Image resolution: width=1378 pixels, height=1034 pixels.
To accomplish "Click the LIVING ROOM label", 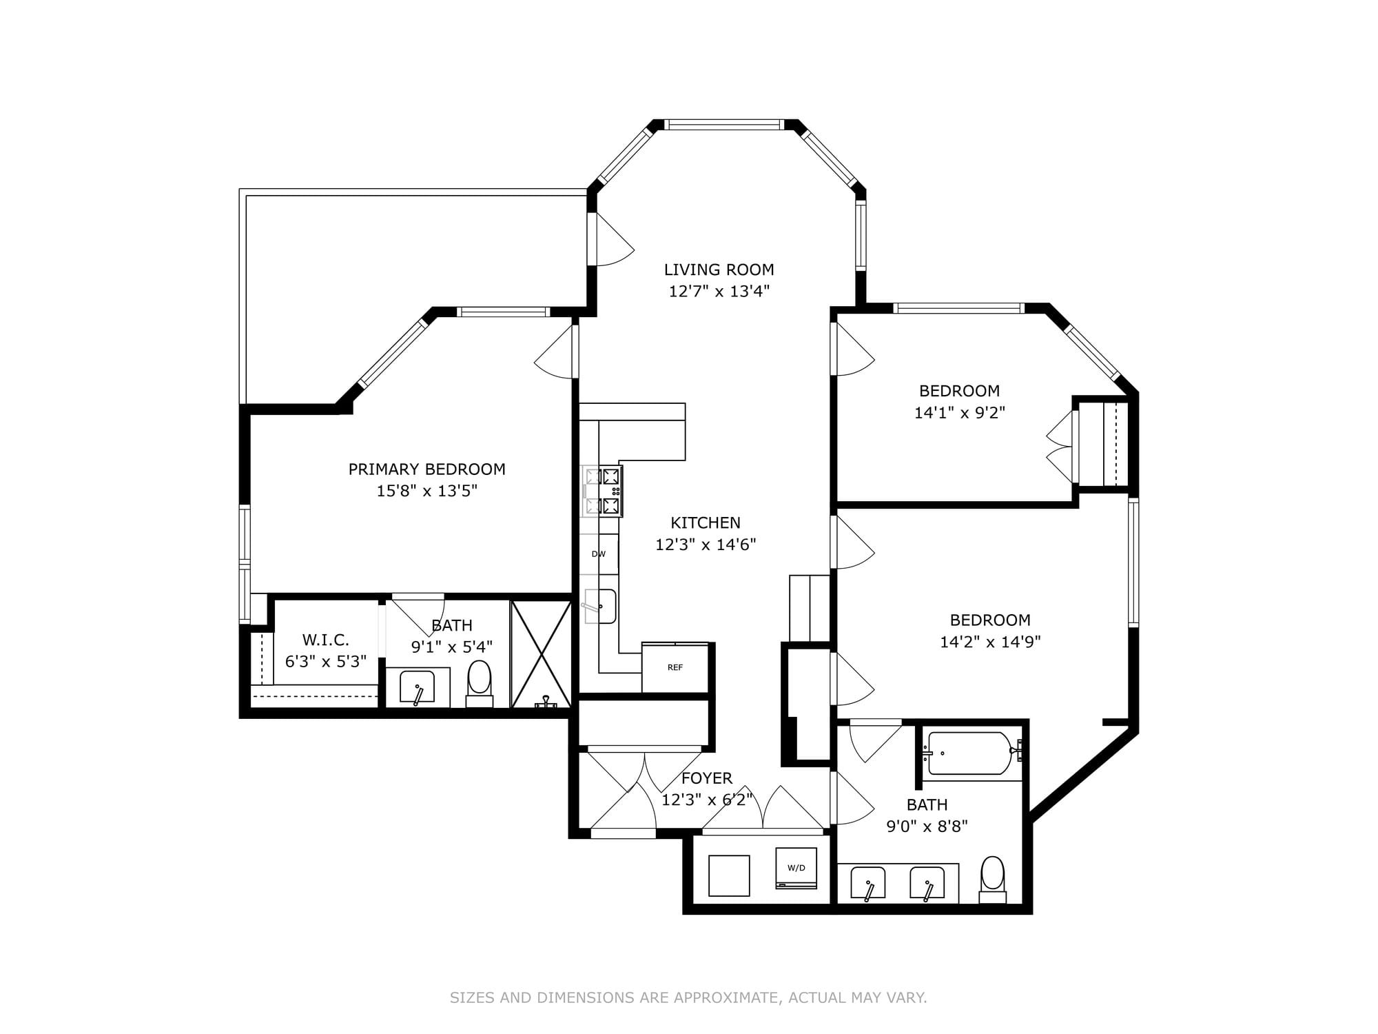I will [x=719, y=270].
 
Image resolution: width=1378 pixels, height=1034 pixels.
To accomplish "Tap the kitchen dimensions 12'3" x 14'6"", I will [x=705, y=545].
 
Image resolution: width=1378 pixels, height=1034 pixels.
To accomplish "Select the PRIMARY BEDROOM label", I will [x=426, y=469].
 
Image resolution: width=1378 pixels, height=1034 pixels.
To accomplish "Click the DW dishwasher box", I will [x=599, y=554].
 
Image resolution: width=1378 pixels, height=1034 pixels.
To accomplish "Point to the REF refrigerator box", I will [x=675, y=668].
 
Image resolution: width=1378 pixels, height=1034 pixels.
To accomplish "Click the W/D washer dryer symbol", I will [x=796, y=868].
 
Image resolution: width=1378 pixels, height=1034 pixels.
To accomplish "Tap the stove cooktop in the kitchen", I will [x=603, y=491].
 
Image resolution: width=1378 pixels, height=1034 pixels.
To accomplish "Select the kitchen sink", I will [x=601, y=606].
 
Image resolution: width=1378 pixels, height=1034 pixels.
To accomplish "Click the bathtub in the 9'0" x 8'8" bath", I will [x=970, y=753].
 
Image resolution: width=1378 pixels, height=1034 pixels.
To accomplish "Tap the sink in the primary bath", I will [x=417, y=687].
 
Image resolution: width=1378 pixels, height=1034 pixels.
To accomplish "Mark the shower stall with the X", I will [x=542, y=653].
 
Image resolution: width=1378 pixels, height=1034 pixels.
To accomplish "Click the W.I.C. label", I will [x=325, y=640].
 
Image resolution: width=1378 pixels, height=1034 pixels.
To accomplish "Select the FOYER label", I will [x=706, y=778].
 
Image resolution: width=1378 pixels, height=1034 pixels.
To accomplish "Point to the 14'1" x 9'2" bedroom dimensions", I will [x=959, y=413].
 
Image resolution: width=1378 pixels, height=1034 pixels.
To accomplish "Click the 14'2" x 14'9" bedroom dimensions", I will [x=989, y=642].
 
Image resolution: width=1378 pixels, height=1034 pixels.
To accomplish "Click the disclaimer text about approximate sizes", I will [x=688, y=997].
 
